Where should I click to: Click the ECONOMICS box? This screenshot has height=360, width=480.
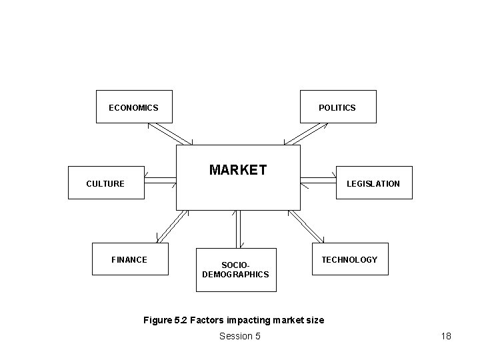pos(134,107)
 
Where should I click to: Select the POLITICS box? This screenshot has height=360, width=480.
pos(337,107)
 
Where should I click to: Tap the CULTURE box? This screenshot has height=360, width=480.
pos(106,183)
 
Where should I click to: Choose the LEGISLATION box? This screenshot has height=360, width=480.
pos(374,183)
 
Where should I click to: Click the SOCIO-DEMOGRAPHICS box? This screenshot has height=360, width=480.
pos(235,269)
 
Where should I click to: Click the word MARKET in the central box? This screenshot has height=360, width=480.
pos(237,170)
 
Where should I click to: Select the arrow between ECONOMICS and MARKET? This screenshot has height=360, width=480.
pos(169,134)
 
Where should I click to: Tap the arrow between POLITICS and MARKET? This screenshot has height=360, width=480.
pos(306,134)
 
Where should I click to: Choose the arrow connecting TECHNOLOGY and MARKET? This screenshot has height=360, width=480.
pos(305,226)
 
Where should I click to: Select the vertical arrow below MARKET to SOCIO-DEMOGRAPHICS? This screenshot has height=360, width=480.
pos(237,229)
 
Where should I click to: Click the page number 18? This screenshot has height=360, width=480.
pos(446,336)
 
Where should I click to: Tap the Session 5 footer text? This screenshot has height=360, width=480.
pos(239,336)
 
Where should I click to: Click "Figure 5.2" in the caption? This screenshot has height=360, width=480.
pos(165,320)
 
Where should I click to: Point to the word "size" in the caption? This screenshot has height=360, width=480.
pos(314,320)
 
